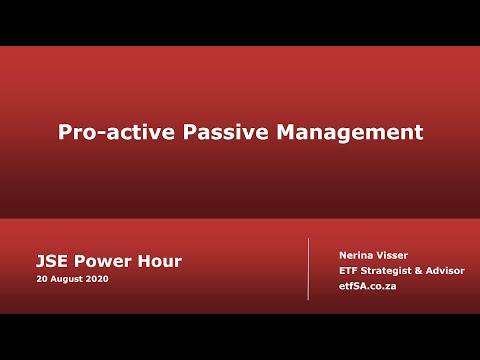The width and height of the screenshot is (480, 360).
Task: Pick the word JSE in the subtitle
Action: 53,261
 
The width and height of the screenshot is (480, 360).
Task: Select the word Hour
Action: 159,261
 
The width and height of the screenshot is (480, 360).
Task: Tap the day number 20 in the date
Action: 42,279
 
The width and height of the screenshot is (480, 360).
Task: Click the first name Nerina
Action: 356,255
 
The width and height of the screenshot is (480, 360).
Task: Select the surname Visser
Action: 393,255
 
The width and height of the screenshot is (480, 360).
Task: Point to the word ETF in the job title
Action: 349,270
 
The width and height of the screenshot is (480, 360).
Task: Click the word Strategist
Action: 391,270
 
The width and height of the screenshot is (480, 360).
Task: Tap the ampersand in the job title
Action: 426,270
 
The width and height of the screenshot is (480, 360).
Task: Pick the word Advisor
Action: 449,270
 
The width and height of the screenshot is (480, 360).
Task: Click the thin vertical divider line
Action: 308,269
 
